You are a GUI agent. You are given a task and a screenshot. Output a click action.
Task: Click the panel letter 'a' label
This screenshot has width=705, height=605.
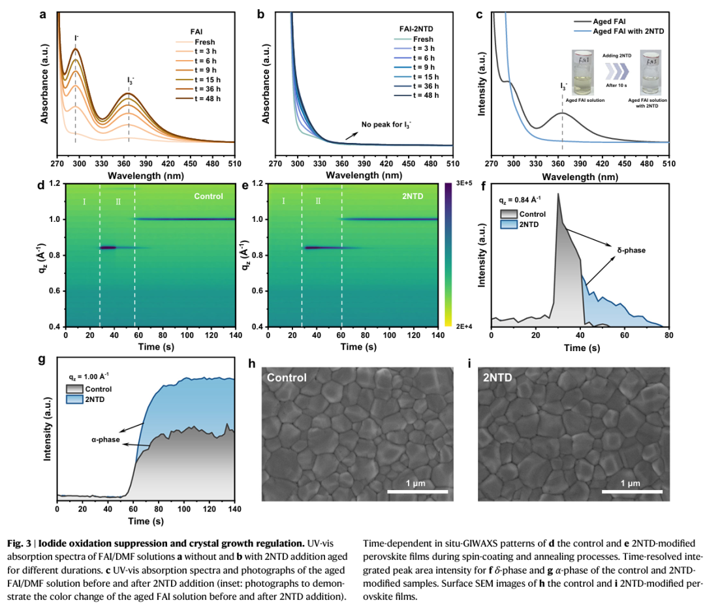[43, 12]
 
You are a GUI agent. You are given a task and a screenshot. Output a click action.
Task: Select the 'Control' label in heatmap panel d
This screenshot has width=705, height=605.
[209, 196]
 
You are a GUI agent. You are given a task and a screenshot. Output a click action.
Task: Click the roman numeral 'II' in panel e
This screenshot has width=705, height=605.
[318, 202]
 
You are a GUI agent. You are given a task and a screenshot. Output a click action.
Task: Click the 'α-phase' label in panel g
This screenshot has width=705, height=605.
[106, 439]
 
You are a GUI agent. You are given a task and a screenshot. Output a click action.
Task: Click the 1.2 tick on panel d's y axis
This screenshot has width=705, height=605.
[58, 184]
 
